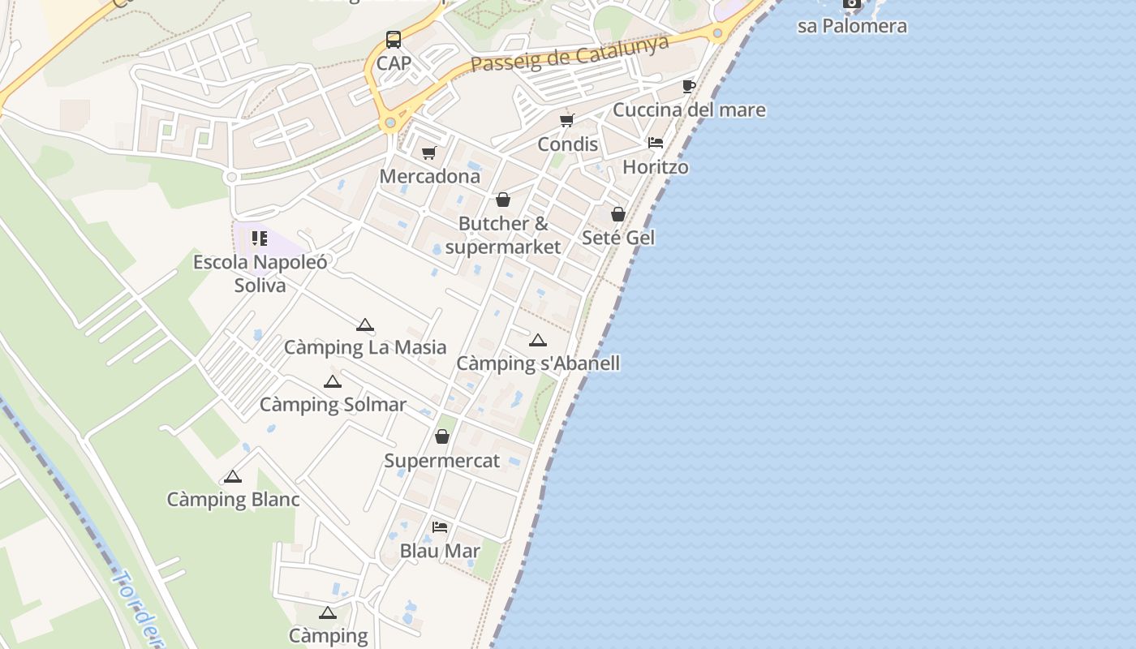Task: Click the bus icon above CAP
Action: pos(393,39)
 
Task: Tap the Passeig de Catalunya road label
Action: pos(570,53)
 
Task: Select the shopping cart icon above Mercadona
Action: pos(429,153)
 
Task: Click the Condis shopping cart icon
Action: pos(567,121)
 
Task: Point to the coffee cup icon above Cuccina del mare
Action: pos(689,86)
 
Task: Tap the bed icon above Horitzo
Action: pos(656,143)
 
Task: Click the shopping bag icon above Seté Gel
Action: pos(618,214)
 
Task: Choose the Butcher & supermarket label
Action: pos(503,235)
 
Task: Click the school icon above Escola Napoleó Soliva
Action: pos(260,239)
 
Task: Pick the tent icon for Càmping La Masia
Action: pos(365,325)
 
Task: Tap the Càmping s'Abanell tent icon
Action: pos(538,341)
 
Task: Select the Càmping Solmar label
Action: pos(333,404)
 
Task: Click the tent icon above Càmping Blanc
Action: pos(233,476)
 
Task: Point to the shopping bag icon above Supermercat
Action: pos(442,437)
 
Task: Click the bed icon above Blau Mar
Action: pos(440,527)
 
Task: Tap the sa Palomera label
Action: pos(852,26)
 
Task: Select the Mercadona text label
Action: pos(430,176)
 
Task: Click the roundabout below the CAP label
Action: pos(390,123)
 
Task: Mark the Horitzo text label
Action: pos(656,167)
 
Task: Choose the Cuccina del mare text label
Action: pos(689,110)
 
